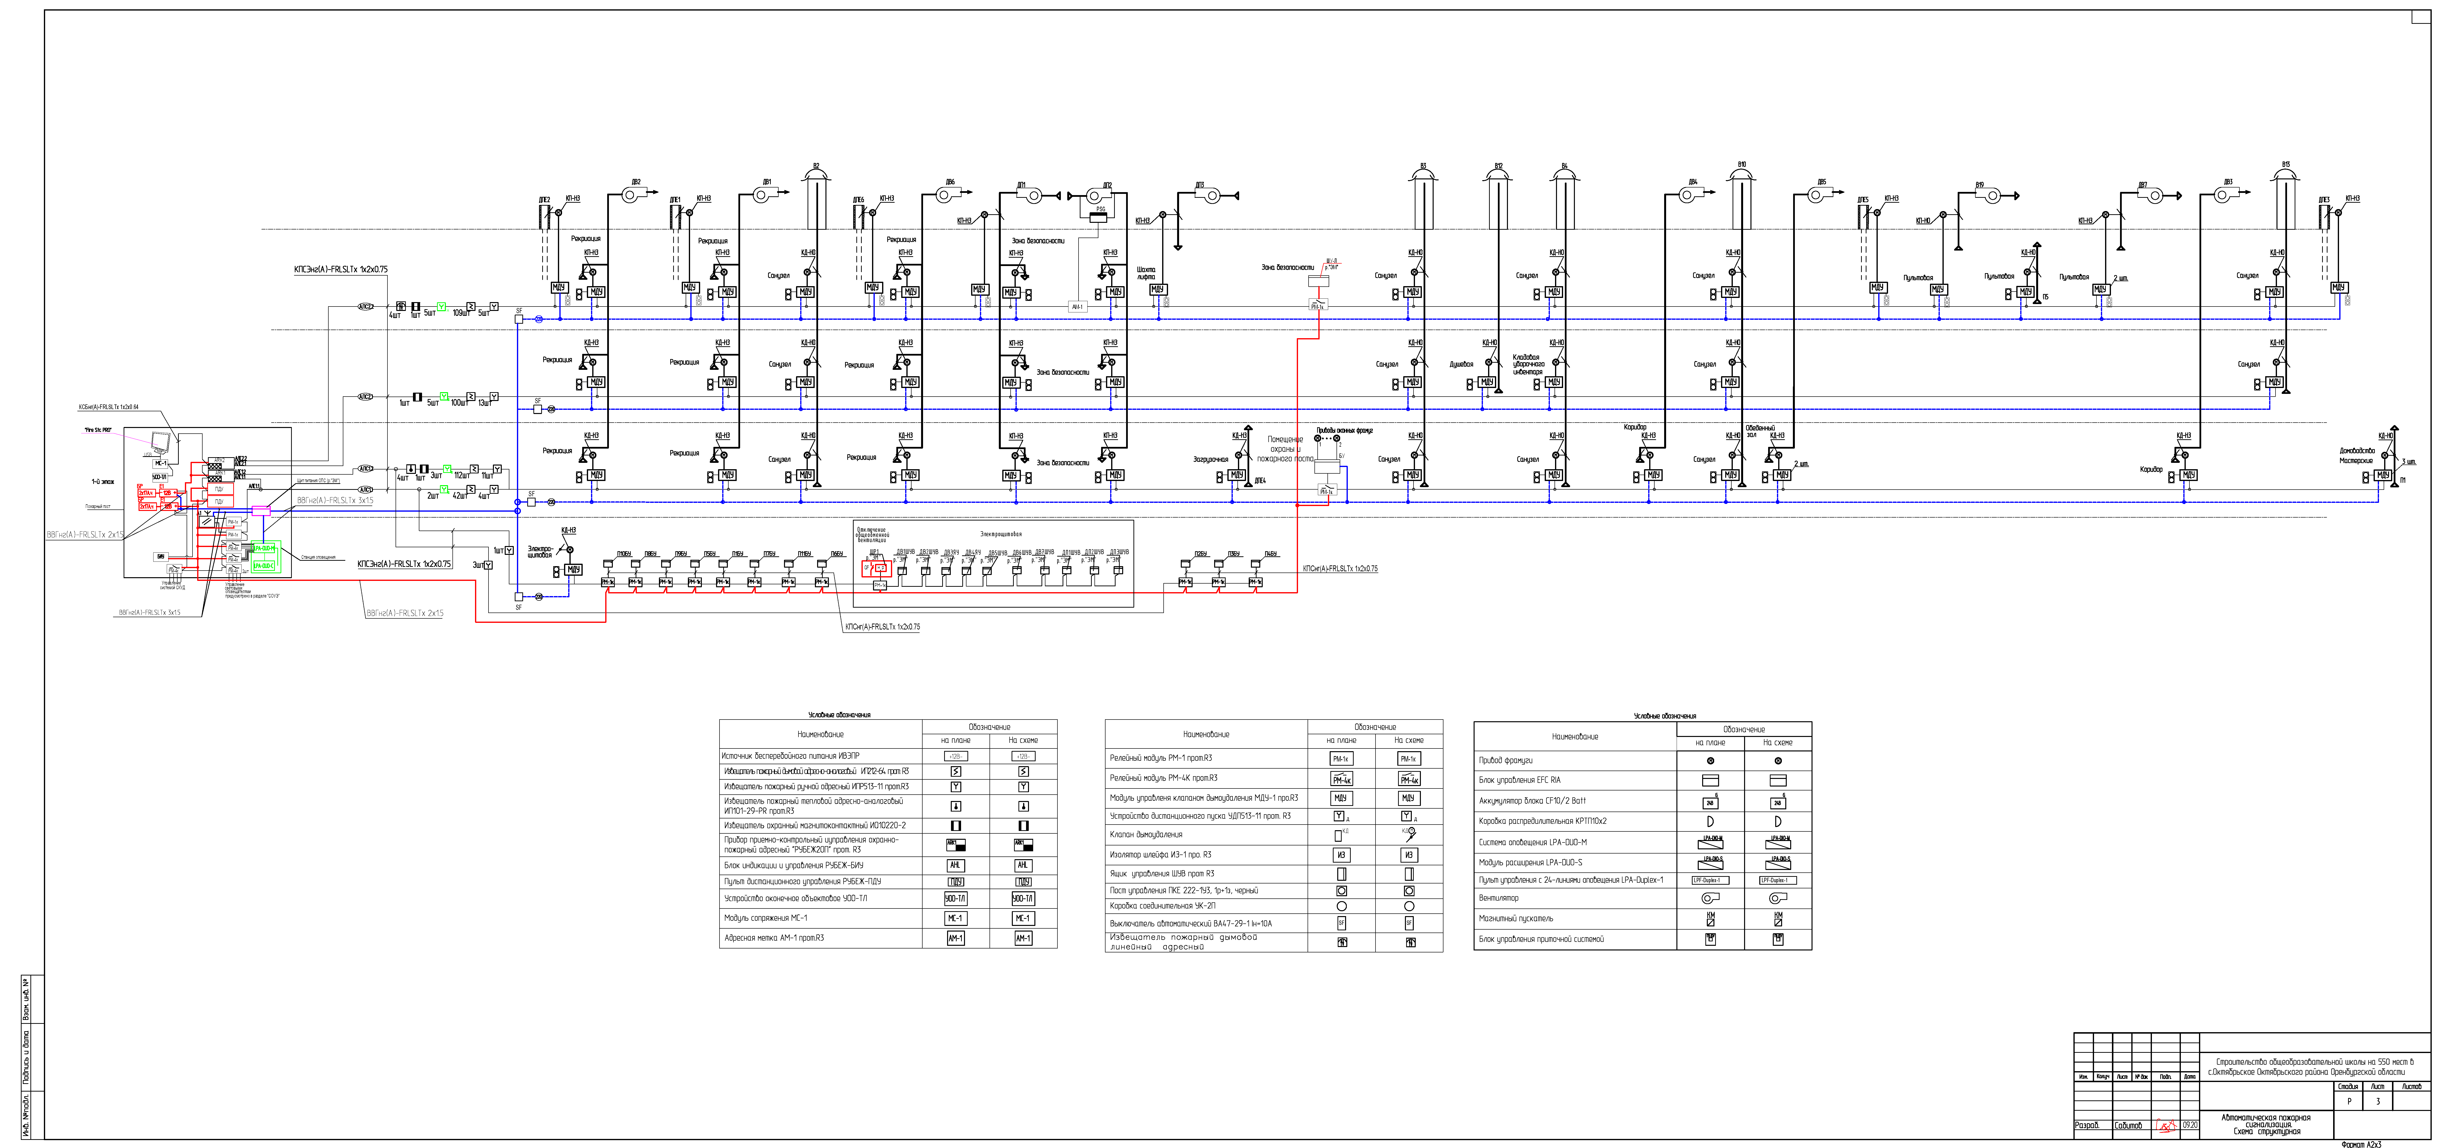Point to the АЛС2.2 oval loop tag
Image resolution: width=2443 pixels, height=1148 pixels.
tap(365, 397)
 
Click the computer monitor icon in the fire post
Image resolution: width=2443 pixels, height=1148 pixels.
tap(159, 441)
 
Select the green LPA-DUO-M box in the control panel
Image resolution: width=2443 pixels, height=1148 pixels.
tap(264, 548)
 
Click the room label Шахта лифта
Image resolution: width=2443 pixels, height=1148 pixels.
tap(1146, 273)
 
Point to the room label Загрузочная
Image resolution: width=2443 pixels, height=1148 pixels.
tap(1210, 459)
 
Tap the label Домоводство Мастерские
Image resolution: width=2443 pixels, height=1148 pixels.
tap(2357, 455)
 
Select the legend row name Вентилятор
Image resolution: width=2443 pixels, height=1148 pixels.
tap(1498, 897)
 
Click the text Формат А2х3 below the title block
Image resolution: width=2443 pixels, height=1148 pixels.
tap(2361, 1144)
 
